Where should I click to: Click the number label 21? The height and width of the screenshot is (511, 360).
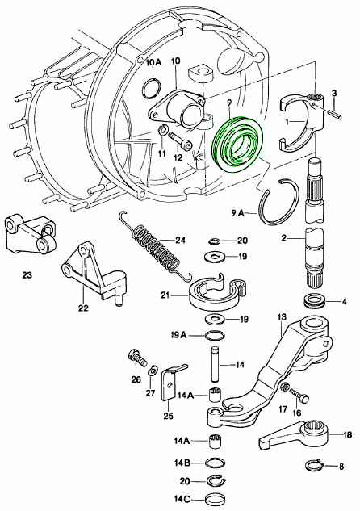pos(165,295)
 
